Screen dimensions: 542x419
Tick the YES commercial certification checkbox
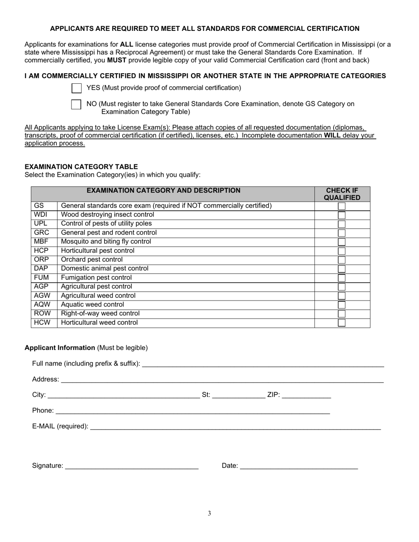pos(76,88)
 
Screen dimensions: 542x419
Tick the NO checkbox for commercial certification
pos(76,104)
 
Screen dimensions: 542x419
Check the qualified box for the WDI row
pos(342,215)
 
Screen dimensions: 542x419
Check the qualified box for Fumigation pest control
pos(342,278)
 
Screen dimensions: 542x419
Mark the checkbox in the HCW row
pos(342,323)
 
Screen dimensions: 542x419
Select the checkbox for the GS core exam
pos(342,206)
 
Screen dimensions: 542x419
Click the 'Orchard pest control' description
pos(92,260)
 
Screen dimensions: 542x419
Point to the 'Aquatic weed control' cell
pos(93,304)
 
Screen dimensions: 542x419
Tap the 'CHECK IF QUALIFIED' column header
pos(342,194)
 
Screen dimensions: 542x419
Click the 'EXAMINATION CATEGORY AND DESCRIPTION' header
pos(164,190)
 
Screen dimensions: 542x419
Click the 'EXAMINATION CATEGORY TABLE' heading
pos(81,167)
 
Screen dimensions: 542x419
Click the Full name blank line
pos(263,364)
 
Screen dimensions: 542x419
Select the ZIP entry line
pos(306,395)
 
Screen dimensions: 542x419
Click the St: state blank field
pos(238,395)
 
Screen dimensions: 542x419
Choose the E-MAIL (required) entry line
pos(235,427)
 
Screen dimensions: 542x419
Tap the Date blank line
pos(299,466)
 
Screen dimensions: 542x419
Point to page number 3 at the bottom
pos(209,513)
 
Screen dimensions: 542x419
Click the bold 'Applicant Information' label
pos(60,348)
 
